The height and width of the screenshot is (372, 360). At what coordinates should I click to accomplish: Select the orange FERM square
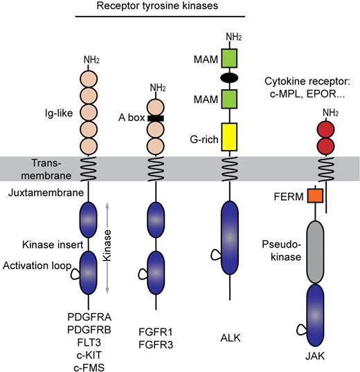[x=316, y=196]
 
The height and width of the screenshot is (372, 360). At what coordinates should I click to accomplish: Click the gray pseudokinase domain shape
[x=316, y=252]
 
